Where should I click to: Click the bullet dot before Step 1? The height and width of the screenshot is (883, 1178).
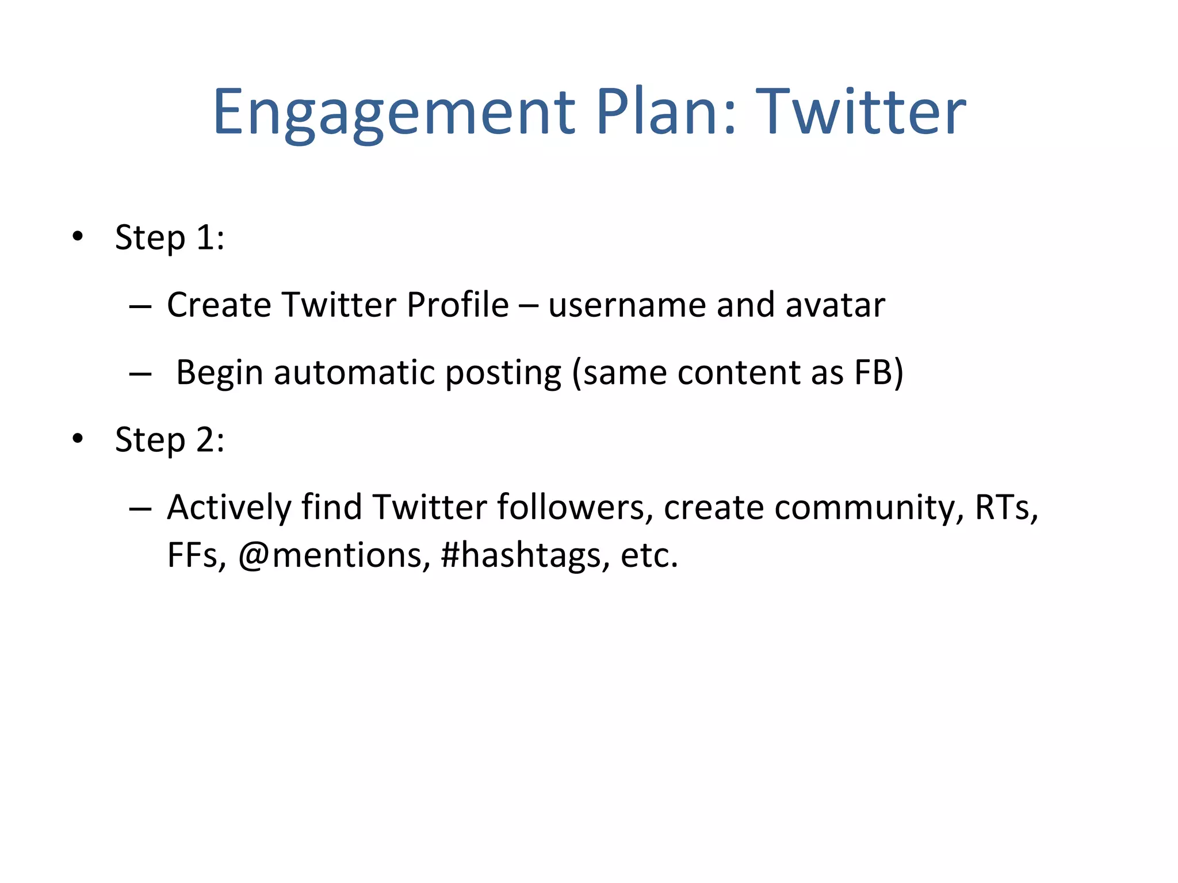(x=78, y=236)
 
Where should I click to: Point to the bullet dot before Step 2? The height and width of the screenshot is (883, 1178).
(x=78, y=439)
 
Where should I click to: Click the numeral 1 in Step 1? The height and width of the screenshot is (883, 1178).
(x=205, y=237)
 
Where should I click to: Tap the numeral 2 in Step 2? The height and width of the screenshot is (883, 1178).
(x=205, y=440)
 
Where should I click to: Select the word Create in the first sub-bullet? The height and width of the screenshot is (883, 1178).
(x=219, y=305)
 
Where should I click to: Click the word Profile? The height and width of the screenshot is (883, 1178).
(x=457, y=305)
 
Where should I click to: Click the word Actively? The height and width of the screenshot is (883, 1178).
(x=229, y=508)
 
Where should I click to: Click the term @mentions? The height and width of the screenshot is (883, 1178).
(x=334, y=555)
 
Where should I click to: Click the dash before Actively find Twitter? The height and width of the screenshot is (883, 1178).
(x=140, y=509)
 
